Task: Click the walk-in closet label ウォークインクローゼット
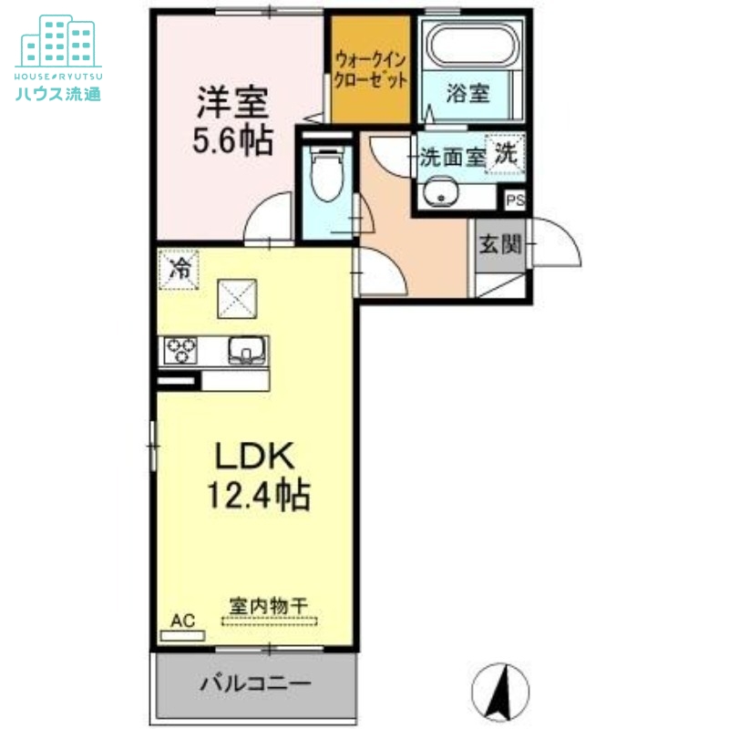[x=370, y=69]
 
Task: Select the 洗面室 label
[x=451, y=156]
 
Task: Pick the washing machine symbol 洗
[x=504, y=154]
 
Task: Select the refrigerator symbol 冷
[x=180, y=269]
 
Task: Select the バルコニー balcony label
[x=256, y=683]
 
